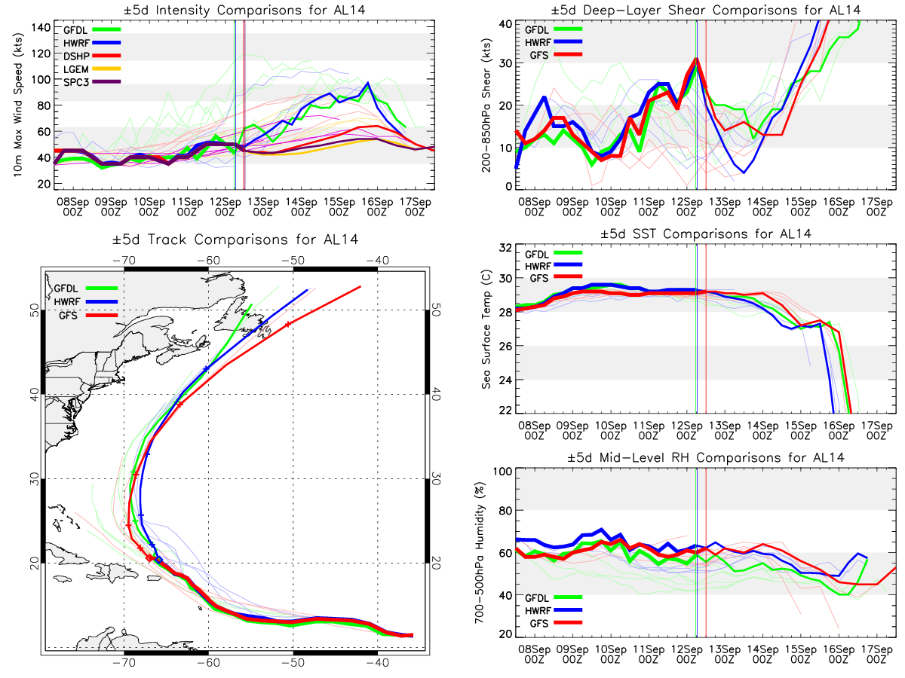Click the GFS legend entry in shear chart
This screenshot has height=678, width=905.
pos(538,55)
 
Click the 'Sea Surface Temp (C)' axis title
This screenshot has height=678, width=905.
pos(486,329)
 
